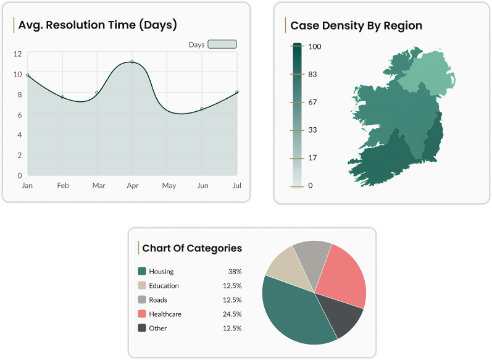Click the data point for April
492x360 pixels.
132,62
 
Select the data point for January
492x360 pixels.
28,75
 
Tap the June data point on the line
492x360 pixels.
202,109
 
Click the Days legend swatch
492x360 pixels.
222,44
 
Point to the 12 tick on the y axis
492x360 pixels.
17,54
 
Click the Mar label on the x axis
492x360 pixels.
99,185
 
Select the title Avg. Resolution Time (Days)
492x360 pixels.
98,25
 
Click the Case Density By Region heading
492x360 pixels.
356,25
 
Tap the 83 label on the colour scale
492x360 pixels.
312,74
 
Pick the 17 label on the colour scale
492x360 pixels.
312,157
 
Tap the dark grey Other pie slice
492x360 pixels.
341,317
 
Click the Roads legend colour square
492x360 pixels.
142,299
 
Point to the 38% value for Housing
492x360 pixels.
235,271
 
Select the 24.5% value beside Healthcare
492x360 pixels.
231,314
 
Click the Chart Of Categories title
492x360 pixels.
192,248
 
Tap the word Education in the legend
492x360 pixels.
164,285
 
